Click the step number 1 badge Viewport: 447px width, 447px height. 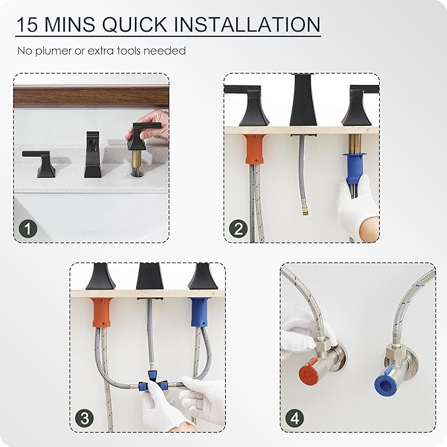28,228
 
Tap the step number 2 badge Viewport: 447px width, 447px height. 238,228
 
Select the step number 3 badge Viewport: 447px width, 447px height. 85,418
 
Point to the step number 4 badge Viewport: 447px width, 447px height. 295,418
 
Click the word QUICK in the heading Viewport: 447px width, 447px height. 134,24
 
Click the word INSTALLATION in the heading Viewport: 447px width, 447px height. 247,24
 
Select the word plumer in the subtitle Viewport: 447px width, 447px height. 54,51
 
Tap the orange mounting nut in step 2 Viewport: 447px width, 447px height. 255,149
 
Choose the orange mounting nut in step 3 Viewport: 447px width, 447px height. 103,312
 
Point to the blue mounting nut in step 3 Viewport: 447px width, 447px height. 199,312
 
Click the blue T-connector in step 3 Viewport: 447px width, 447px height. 153,382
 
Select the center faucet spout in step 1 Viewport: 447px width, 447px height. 92,154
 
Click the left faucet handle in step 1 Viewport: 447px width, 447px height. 40,163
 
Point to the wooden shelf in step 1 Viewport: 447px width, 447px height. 91,97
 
